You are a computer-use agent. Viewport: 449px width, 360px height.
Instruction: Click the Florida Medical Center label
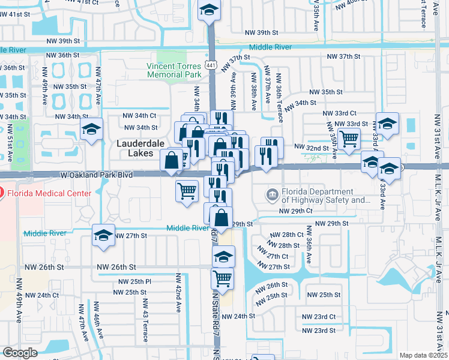[49, 193]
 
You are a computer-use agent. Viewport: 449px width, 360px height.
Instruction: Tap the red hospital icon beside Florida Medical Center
[1, 193]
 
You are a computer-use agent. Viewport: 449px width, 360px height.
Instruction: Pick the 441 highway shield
[210, 64]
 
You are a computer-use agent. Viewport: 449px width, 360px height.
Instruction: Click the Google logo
[19, 353]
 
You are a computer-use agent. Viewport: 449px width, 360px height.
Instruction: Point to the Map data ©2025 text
[423, 355]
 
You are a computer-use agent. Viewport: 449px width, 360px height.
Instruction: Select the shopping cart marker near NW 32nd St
[349, 139]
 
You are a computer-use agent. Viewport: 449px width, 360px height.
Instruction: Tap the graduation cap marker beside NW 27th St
[104, 235]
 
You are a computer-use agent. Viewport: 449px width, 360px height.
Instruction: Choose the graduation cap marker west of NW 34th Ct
[91, 129]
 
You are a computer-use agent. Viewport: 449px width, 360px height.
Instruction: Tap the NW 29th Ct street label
[296, 211]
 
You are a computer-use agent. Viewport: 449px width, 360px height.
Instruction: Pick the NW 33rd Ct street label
[339, 113]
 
